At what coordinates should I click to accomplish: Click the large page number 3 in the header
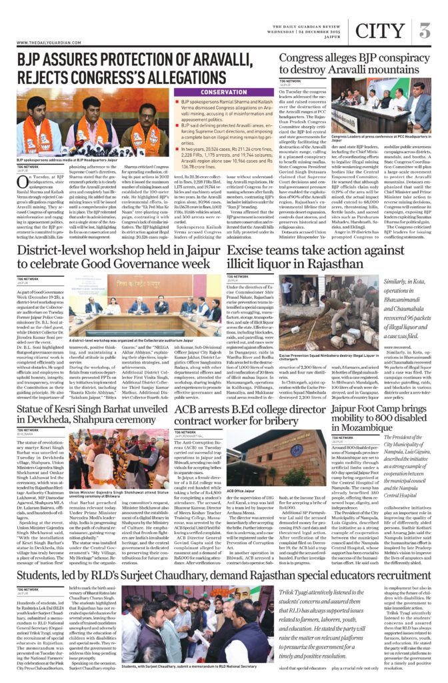pos(424,31)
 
